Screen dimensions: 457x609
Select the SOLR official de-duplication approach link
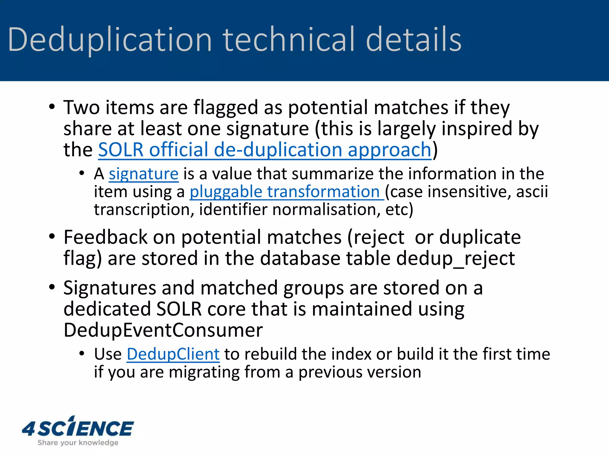(x=264, y=150)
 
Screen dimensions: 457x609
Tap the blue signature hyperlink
(x=144, y=174)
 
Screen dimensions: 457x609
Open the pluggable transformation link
(x=287, y=192)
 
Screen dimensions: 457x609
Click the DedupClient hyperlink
(x=173, y=354)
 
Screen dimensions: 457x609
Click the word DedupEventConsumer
(x=163, y=330)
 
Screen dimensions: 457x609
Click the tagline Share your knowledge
(x=78, y=443)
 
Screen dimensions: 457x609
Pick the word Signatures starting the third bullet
(x=110, y=288)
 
